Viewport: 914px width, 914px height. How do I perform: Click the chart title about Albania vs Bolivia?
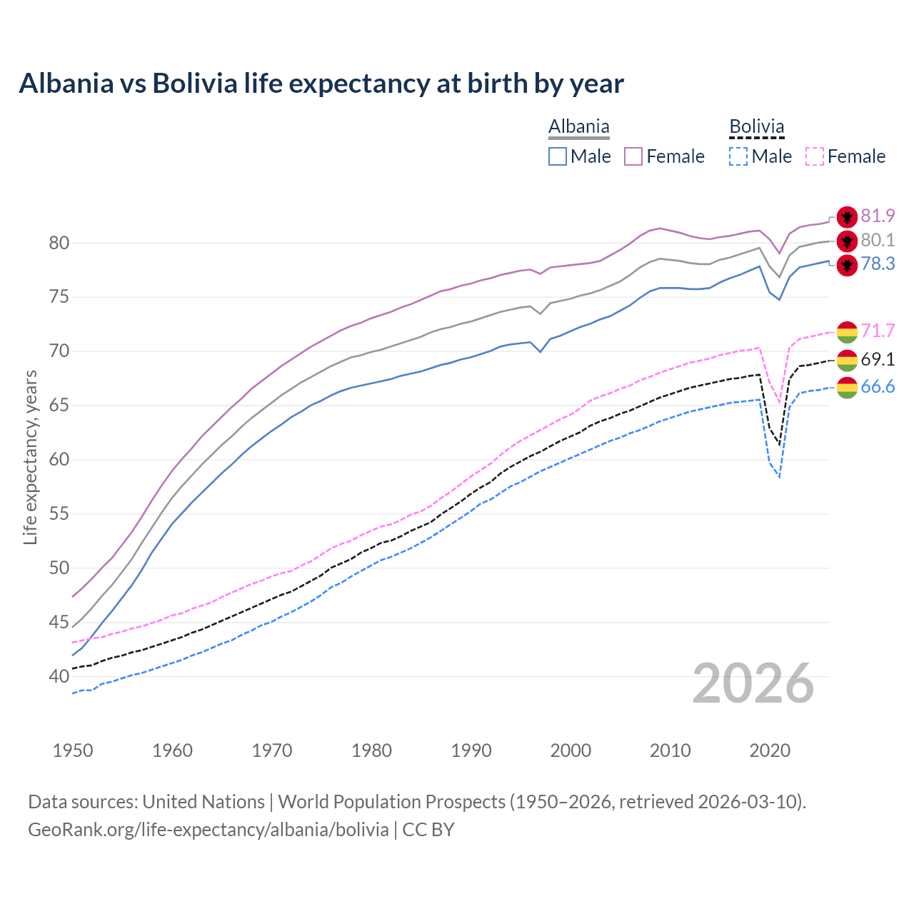(321, 84)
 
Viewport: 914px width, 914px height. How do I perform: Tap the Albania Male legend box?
(558, 156)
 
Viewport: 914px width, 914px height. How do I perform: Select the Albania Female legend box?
(633, 156)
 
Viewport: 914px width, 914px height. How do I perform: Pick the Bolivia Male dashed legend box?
(738, 156)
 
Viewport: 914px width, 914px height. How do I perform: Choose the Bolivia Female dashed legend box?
(815, 156)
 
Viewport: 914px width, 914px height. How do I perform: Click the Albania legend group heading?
(578, 127)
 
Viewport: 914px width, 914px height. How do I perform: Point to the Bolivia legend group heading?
(756, 127)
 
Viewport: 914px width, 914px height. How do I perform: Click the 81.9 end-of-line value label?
(878, 216)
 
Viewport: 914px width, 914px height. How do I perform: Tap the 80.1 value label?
(878, 240)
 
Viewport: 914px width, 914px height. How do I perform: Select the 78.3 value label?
(878, 264)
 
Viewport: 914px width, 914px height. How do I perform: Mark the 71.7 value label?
(878, 331)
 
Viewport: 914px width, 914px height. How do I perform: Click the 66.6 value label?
(878, 387)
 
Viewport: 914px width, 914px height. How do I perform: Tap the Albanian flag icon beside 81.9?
(847, 217)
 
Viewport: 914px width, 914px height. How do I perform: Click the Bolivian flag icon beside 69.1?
(847, 360)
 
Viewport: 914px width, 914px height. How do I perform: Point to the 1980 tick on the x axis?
(372, 750)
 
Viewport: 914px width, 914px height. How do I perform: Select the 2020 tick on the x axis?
(770, 750)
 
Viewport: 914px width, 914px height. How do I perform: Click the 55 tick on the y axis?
(59, 513)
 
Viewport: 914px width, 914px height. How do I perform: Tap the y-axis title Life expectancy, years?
(30, 457)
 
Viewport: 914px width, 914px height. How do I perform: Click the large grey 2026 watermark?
(753, 683)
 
